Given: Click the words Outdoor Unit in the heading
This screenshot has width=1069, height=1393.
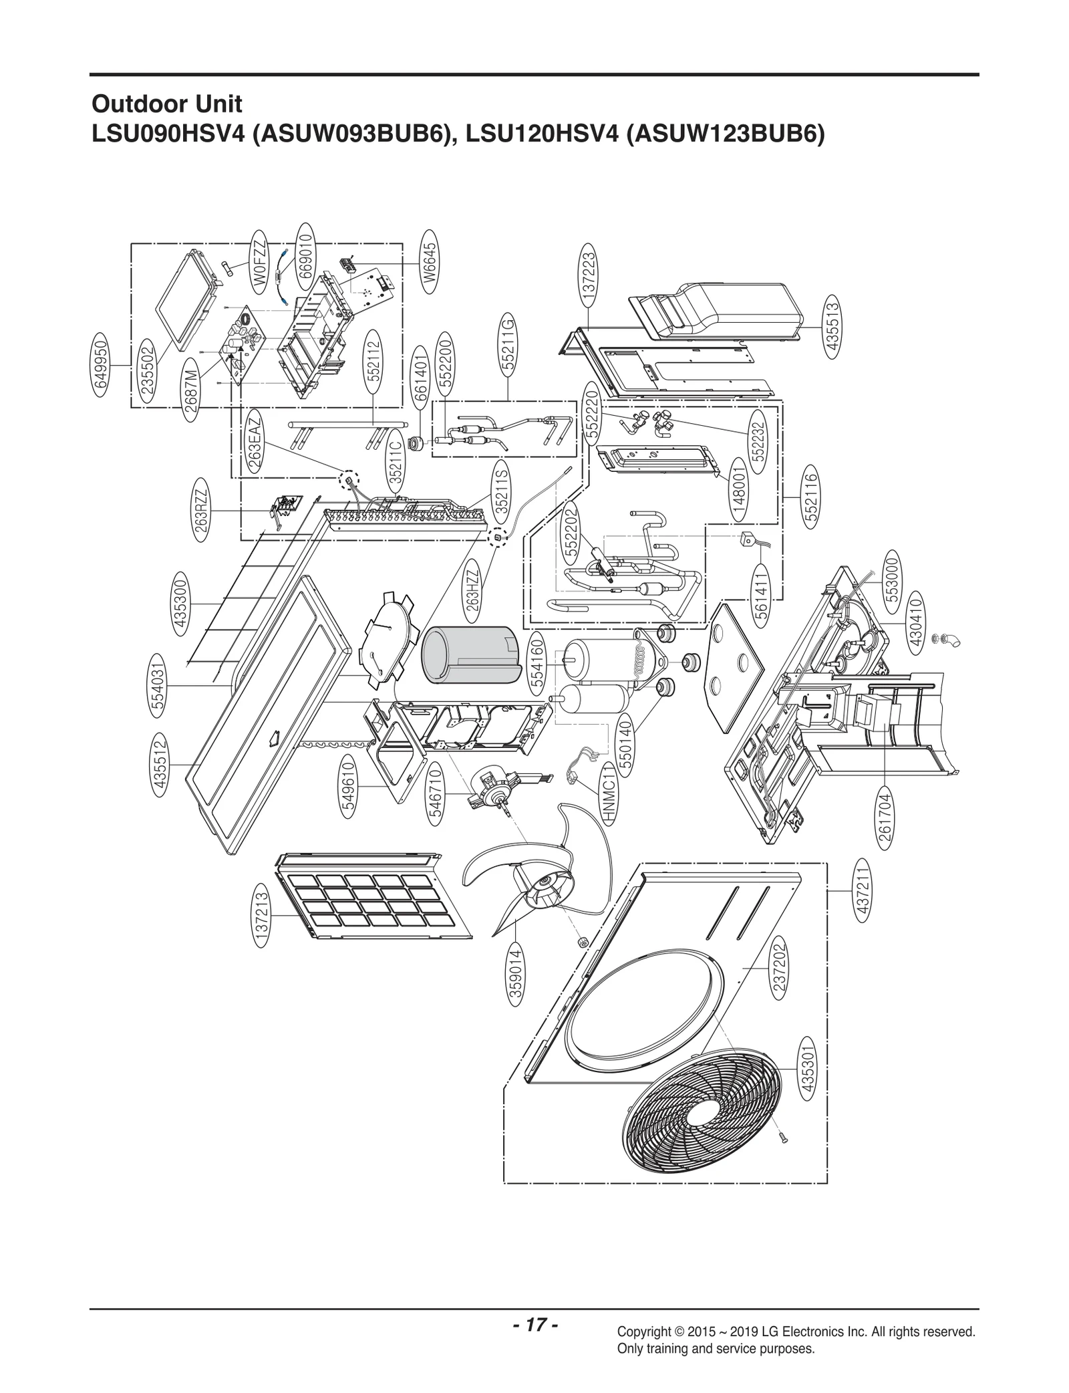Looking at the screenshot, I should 166,104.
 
